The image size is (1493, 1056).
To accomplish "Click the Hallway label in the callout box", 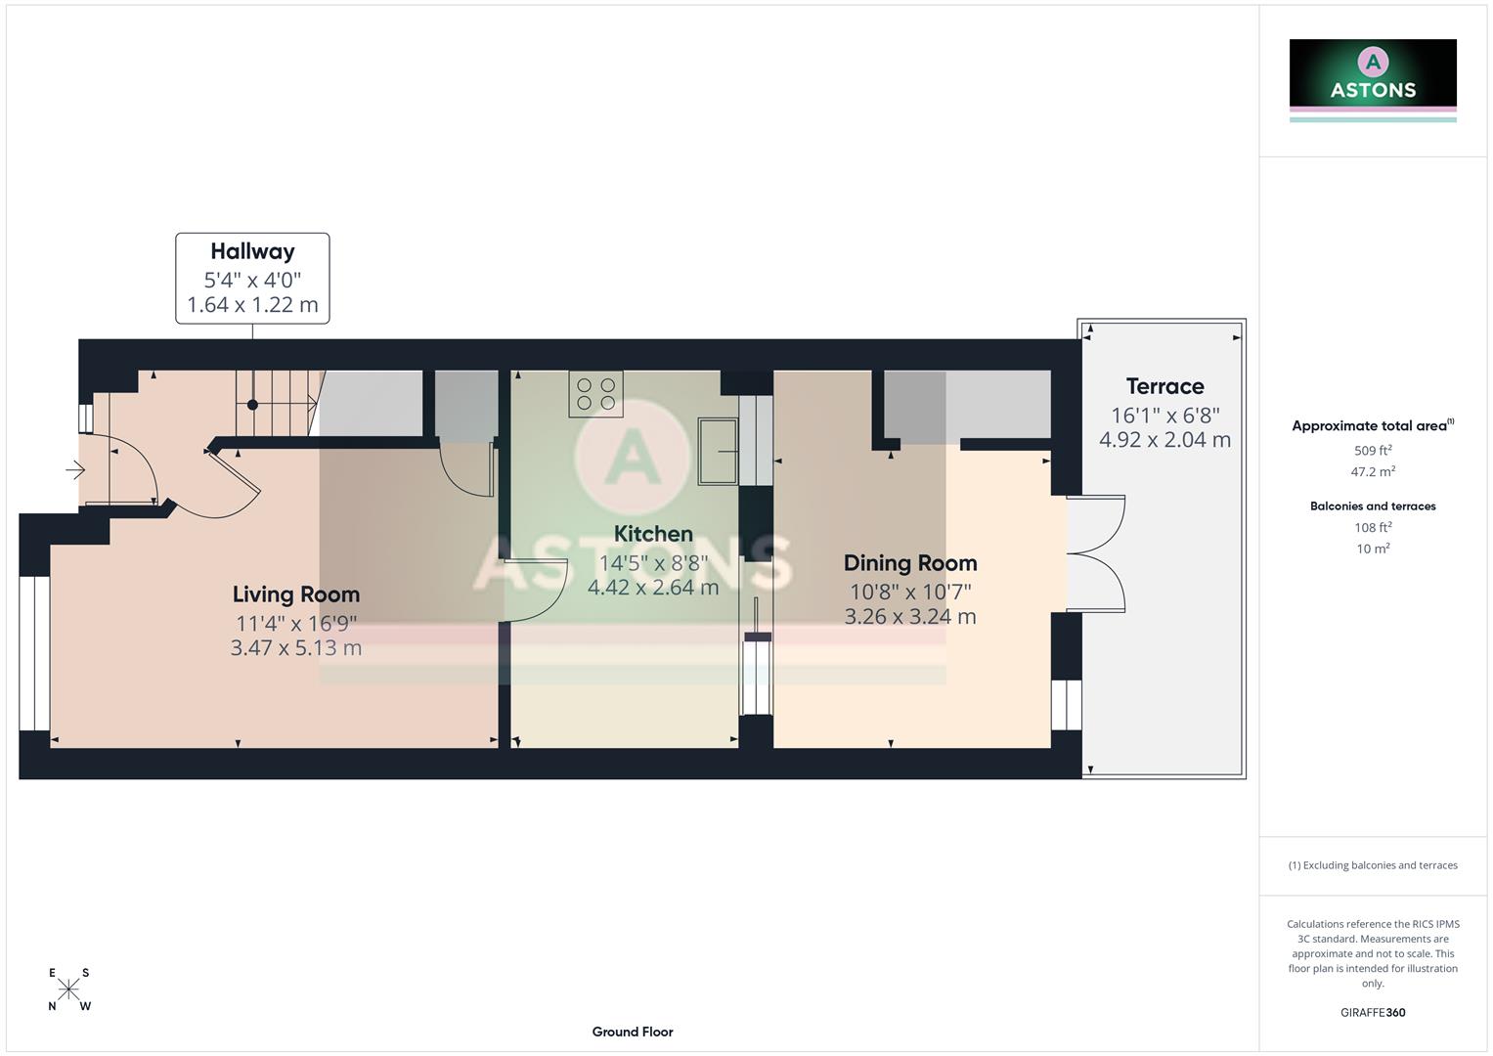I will pos(252,251).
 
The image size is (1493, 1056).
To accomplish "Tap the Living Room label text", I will pos(296,594).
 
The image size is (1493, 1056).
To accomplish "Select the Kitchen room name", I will pos(653,534).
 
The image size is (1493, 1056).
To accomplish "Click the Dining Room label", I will pos(910,563).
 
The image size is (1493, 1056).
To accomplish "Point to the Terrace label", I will pos(1164,386).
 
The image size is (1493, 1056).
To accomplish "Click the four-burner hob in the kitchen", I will pos(595,394).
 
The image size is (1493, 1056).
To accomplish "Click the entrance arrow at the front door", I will pos(75,471).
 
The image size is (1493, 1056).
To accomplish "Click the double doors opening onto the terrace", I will pos(1097,554).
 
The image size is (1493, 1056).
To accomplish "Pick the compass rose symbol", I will pos(68,990).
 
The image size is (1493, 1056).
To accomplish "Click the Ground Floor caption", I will pos(633,1032).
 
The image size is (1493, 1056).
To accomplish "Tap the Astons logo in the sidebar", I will pos(1373,78).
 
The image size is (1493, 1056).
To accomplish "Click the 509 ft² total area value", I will pos(1373,451).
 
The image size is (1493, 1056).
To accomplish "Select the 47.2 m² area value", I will pos(1373,471).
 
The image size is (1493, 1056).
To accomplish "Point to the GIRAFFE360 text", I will pos(1373,1012).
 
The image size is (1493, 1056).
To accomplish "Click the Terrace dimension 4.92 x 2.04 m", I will pos(1164,440).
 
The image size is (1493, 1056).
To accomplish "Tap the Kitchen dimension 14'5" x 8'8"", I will pos(653,563).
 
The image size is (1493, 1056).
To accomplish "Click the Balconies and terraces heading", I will pos(1373,506).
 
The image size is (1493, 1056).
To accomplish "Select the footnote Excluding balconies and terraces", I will pos(1373,865).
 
